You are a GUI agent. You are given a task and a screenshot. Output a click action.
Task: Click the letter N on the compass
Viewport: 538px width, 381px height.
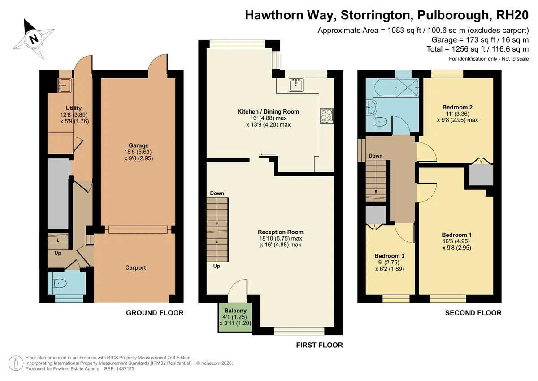point(34,39)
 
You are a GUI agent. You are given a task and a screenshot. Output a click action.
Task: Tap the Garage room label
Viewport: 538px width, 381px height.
point(139,145)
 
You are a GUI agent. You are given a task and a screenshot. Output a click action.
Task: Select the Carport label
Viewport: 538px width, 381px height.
point(135,267)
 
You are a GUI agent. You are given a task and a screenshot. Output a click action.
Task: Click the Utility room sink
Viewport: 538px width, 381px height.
point(65,85)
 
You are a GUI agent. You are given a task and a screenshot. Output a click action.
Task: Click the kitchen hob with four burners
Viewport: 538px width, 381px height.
point(327,116)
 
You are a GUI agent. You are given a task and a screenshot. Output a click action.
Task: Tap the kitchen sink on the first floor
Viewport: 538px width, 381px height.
point(296,85)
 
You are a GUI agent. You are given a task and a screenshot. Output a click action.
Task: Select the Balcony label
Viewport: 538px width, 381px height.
point(235,311)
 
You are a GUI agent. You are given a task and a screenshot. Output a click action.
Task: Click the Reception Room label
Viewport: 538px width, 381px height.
point(281,232)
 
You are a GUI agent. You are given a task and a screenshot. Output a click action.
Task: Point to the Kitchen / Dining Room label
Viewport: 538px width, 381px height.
point(268,112)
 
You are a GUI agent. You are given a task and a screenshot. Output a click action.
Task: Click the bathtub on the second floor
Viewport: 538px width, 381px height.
point(396,88)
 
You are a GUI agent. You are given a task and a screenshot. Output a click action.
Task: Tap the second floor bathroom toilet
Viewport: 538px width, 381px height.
point(381,122)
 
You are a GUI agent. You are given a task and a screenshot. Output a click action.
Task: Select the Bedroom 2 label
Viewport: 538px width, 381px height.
point(458,107)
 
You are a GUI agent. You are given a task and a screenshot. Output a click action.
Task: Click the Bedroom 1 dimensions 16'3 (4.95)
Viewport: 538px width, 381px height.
point(456,241)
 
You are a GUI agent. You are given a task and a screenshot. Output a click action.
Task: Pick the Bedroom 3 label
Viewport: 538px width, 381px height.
point(390,256)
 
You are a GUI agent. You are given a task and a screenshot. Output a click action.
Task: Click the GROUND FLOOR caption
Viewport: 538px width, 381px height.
point(155,313)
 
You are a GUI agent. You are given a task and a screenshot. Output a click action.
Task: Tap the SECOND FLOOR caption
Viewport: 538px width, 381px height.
point(473,313)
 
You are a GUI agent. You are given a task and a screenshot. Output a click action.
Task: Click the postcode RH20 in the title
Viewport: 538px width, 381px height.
point(512,15)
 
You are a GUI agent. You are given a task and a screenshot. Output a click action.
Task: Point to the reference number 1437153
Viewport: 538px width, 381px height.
point(125,369)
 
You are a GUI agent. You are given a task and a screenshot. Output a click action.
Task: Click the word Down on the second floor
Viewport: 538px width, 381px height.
point(376,156)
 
